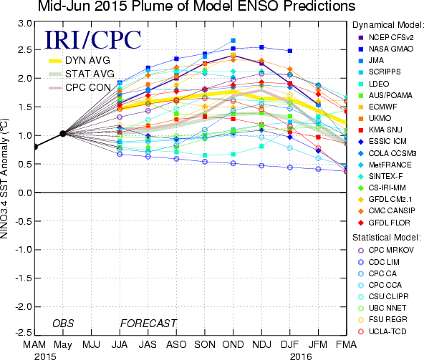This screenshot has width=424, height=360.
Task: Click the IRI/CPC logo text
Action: pos(92,40)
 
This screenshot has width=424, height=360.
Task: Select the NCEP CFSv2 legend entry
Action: pos(386,37)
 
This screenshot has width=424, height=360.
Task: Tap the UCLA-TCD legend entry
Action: pos(382,331)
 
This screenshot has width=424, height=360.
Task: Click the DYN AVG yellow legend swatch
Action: pos(55,61)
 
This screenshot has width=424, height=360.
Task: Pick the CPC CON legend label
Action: pos(88,87)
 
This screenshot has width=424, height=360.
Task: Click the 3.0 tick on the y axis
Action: pos(25,24)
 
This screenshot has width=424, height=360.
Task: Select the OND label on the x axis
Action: pos(233,344)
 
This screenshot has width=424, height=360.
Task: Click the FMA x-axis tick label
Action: pos(346,344)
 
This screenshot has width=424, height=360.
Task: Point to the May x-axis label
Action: pos(63,345)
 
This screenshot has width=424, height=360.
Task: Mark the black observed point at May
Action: pos(63,133)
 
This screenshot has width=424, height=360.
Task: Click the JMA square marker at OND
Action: pos(233,41)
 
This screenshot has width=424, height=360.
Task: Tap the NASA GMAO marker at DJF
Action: pos(290,51)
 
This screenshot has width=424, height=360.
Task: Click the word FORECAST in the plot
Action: pos(148,323)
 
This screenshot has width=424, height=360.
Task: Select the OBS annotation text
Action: pos(63,323)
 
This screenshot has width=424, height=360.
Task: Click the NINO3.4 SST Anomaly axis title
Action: pos(4,178)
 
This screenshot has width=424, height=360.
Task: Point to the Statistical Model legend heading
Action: pos(387,238)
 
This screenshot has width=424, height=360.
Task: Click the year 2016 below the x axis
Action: pos(301,356)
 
